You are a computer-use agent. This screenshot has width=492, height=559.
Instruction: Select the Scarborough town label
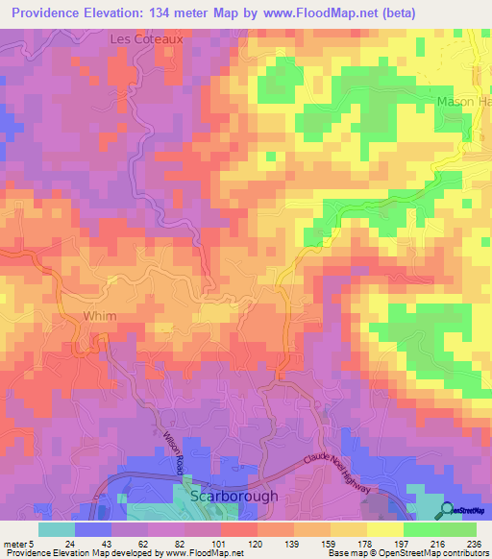234,497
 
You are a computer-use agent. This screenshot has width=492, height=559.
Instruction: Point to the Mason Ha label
463,102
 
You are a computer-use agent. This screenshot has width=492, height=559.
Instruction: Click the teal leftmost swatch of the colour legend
57,529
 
